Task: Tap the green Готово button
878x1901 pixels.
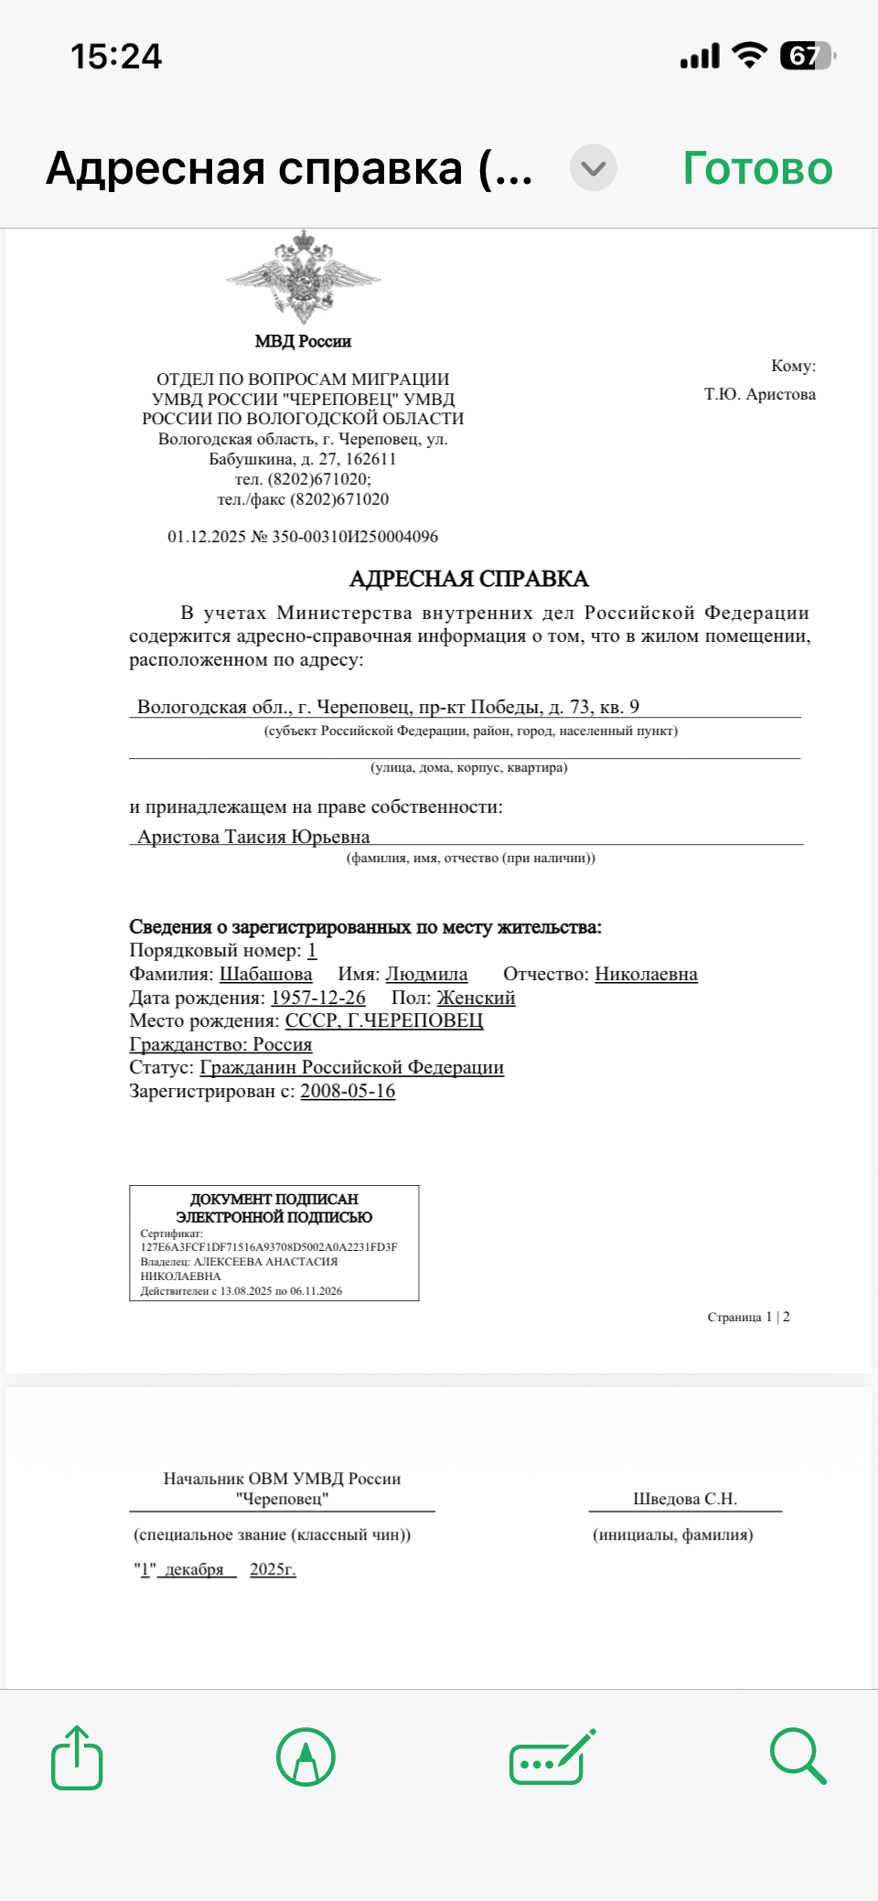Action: point(757,168)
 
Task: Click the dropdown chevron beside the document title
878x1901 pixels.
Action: point(594,168)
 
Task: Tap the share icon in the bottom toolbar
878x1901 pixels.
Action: point(77,1757)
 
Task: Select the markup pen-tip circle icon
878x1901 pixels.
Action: point(305,1757)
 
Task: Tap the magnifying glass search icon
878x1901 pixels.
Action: point(798,1757)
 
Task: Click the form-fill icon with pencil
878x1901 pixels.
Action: point(551,1757)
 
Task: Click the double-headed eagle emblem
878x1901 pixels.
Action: point(303,276)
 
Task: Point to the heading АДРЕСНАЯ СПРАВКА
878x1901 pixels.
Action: point(468,579)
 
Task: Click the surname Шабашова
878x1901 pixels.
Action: point(265,975)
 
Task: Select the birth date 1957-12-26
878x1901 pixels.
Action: point(317,999)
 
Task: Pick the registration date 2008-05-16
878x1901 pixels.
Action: point(348,1092)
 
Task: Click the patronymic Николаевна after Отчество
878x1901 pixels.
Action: point(646,975)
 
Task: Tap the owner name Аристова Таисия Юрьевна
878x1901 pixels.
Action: point(253,837)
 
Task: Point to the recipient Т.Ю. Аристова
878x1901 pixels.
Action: point(759,394)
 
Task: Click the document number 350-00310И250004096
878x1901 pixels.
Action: point(355,537)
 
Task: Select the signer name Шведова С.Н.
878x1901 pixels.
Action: point(685,1499)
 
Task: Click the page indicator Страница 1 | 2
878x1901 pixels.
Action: point(748,1317)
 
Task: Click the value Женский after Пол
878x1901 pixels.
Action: point(476,999)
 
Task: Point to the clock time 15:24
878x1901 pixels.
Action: point(116,57)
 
